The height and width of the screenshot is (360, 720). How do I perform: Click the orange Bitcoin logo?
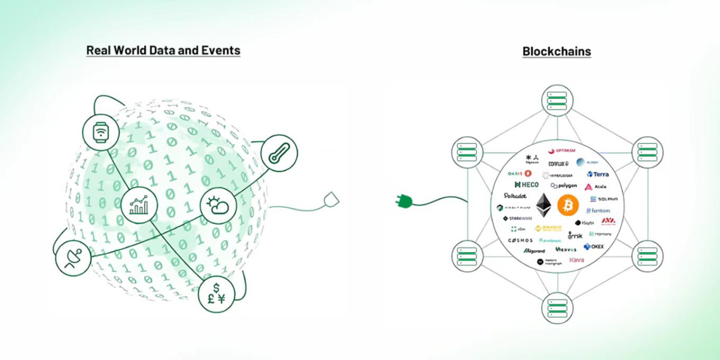568,205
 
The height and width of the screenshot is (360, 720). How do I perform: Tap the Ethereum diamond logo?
543,205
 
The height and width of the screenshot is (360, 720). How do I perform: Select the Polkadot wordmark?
515,196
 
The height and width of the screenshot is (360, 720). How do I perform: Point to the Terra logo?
597,174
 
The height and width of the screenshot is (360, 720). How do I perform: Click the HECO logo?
526,184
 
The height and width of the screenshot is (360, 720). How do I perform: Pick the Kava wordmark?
577,260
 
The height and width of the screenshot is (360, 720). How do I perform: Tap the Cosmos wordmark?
520,240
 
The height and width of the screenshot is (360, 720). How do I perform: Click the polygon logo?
564,186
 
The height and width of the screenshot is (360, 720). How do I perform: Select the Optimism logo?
562,150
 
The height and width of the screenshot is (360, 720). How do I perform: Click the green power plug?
404,200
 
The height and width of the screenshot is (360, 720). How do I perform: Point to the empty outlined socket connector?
331,200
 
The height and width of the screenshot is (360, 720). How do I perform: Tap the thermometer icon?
279,153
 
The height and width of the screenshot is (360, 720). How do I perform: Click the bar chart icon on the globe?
139,205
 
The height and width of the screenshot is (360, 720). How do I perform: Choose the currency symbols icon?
216,294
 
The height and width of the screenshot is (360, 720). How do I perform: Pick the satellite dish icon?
73,258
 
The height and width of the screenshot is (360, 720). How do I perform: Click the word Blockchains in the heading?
556,51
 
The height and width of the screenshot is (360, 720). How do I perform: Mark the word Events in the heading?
221,50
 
